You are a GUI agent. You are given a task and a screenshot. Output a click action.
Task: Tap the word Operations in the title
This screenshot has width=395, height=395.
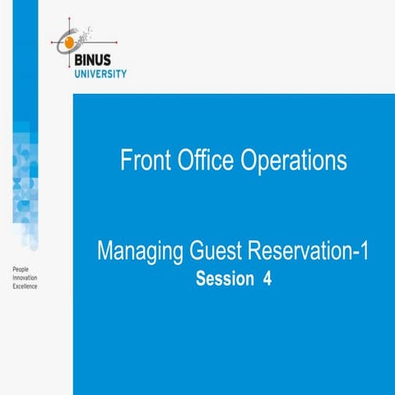[x=293, y=161]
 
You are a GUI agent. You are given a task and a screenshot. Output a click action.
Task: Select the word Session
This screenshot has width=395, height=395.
[x=225, y=279]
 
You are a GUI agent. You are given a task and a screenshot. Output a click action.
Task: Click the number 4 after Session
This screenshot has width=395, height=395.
[x=267, y=279]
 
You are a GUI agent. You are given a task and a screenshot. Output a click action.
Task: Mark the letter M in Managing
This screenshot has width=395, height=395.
[x=105, y=250]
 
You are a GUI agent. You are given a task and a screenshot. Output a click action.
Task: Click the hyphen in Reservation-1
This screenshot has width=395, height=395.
[x=350, y=252]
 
